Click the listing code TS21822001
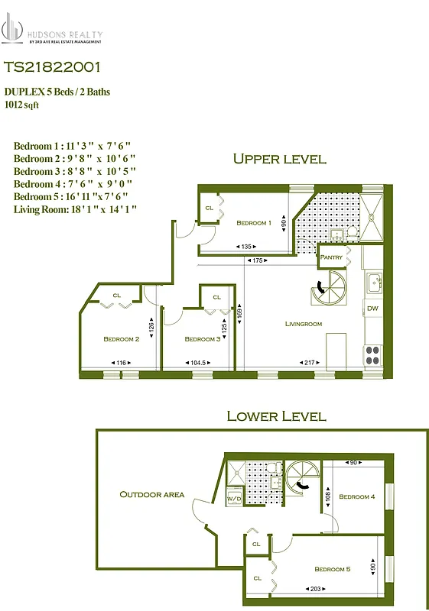51,68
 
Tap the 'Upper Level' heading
279,159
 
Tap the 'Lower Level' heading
276,416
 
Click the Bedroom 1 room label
254,223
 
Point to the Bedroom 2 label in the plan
121,339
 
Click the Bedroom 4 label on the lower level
356,496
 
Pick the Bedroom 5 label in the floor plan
332,569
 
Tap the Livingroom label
304,324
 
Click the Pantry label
330,257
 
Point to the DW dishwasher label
372,309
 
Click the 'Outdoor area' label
152,494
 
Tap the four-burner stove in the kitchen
372,354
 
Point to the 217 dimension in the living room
310,362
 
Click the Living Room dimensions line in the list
75,208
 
